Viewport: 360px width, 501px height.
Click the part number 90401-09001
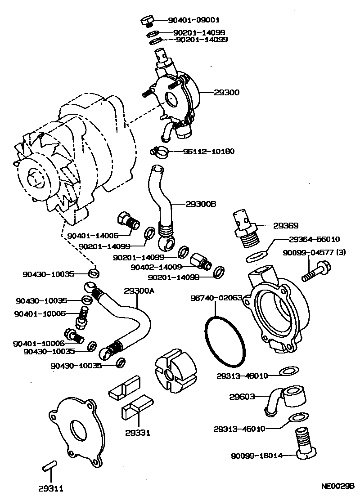pyautogui.click(x=194, y=20)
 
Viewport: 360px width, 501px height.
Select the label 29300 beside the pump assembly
pyautogui.click(x=227, y=92)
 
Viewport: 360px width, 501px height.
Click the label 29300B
pyautogui.click(x=201, y=204)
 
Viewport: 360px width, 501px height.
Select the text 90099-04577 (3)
pyautogui.click(x=314, y=253)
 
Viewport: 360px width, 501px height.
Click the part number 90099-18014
pyautogui.click(x=257, y=456)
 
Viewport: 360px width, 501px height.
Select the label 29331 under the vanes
pyautogui.click(x=138, y=433)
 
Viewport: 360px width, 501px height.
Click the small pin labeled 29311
pyautogui.click(x=49, y=466)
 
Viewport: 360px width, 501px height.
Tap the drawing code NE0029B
pyautogui.click(x=338, y=486)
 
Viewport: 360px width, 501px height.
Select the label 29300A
pyautogui.click(x=139, y=291)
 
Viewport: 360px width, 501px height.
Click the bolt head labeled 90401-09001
pyautogui.click(x=147, y=20)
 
